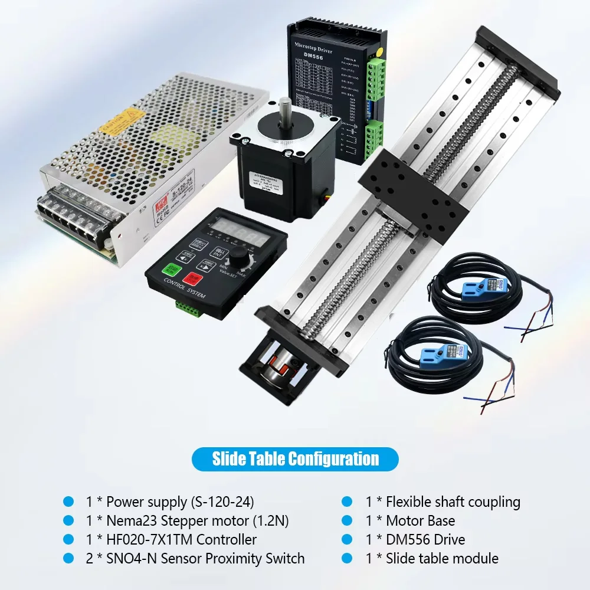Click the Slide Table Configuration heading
295,458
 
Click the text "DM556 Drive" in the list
425,539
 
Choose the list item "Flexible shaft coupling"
453,502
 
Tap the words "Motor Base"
420,521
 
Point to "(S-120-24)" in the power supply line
222,502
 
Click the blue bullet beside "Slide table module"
348,558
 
